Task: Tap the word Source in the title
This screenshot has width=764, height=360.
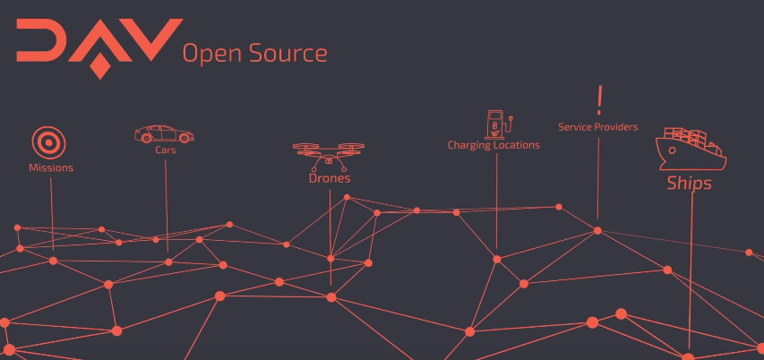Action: [x=291, y=54]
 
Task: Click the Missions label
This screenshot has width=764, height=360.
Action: [x=51, y=167]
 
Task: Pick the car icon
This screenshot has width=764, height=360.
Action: [x=164, y=134]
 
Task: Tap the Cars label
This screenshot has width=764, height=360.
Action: [x=166, y=150]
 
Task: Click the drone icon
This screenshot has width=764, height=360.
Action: [x=329, y=155]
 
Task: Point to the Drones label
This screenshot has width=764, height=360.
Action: [x=330, y=178]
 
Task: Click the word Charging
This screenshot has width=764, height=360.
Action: [x=470, y=145]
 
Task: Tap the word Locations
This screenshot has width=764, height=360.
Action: [x=517, y=145]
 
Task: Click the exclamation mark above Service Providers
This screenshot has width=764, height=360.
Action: [x=599, y=98]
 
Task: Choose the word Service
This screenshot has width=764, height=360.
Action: [x=576, y=127]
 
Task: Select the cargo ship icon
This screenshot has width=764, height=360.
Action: [x=691, y=149]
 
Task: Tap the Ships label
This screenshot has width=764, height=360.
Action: [x=689, y=184]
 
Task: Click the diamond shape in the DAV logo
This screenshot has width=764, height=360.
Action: [x=100, y=66]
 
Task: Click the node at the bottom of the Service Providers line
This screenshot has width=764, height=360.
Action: [x=597, y=230]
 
